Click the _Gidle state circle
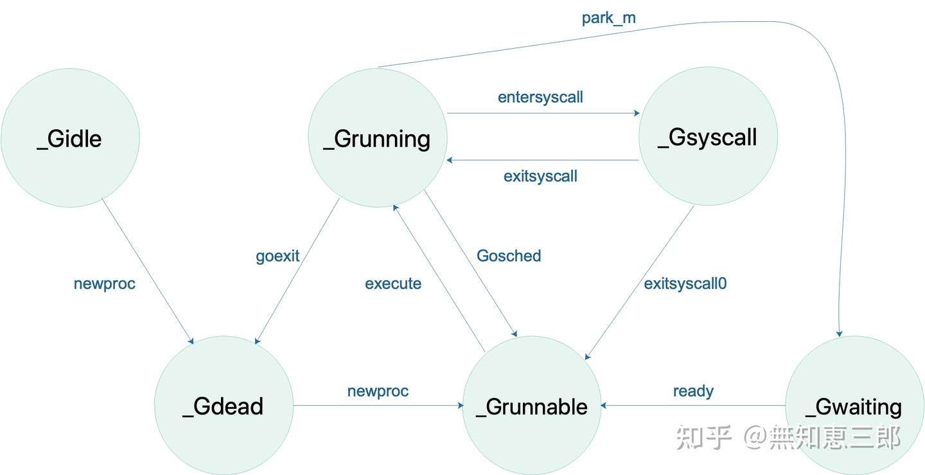pos(70,138)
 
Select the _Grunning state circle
pos(378,138)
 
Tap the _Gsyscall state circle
pos(708,136)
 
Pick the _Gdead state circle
pos(224,406)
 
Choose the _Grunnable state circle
pos(532,406)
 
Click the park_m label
pos(609,18)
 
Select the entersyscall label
pos(540,98)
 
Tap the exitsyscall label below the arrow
pos(540,176)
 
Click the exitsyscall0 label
pos(685,283)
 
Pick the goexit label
pos(277,256)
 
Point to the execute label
pos(393,283)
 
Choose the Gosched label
pos(509,256)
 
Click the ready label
pos(693,391)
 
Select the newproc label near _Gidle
pos(105,284)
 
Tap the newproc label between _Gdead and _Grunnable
pos(378,391)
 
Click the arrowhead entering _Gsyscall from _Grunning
pos(637,112)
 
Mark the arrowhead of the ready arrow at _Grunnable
pos(604,405)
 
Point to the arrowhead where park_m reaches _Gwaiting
pos(839,334)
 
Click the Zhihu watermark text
pos(788,438)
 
